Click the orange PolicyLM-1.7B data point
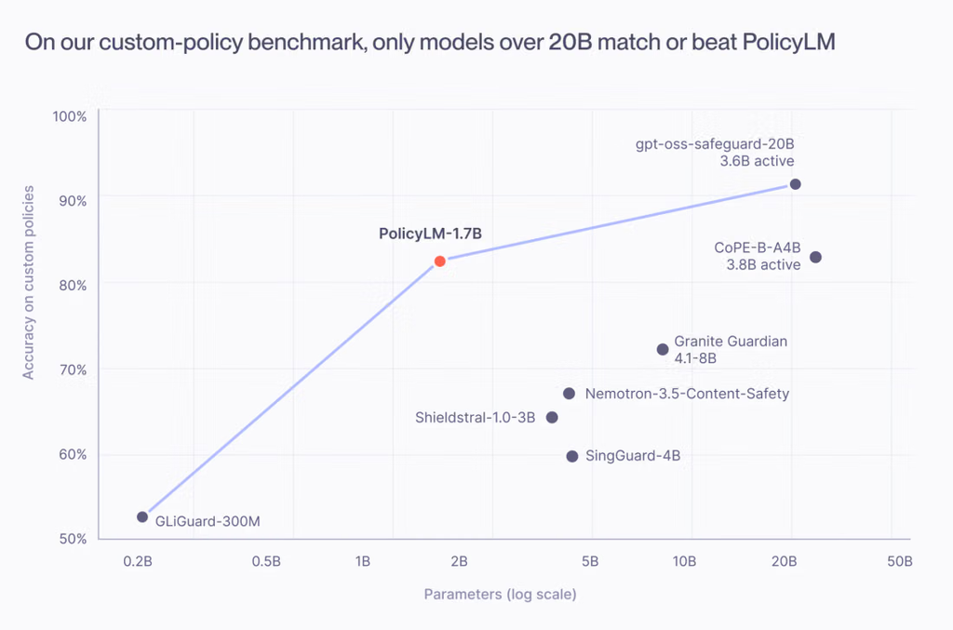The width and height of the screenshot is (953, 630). click(x=440, y=261)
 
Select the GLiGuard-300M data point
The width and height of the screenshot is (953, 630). click(x=142, y=517)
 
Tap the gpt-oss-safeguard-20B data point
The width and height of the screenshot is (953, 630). click(x=795, y=184)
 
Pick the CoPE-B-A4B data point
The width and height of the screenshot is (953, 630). click(x=815, y=257)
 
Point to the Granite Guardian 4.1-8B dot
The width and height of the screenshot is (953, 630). click(x=663, y=349)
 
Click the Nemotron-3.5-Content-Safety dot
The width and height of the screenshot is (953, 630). click(x=569, y=394)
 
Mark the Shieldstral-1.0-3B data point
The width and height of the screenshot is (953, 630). click(x=552, y=418)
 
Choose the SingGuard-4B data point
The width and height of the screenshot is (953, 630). click(x=572, y=456)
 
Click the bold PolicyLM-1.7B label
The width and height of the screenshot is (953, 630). click(x=430, y=234)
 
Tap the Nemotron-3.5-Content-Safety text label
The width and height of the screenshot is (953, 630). click(x=687, y=394)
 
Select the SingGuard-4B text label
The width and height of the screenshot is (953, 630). click(x=633, y=456)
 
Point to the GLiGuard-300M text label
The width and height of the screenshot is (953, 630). click(x=208, y=521)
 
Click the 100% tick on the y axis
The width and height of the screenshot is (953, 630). click(x=69, y=116)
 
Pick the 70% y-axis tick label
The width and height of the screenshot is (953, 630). click(x=73, y=370)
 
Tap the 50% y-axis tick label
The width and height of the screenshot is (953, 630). click(x=73, y=539)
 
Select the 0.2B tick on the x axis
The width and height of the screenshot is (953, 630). click(x=138, y=561)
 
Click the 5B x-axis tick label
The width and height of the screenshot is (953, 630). click(x=590, y=561)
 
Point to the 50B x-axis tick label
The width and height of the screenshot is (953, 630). click(x=900, y=561)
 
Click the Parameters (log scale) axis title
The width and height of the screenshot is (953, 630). click(x=500, y=594)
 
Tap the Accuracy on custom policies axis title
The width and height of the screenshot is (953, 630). click(x=29, y=283)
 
